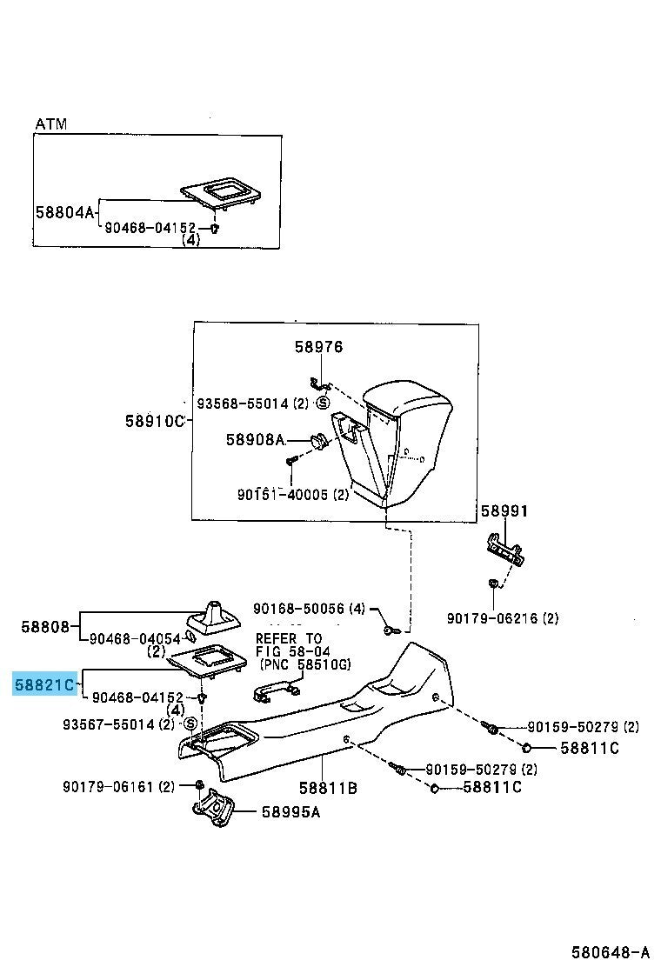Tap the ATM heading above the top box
50,124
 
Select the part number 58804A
63,211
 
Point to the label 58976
318,347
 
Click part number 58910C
155,422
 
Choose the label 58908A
255,440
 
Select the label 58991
504,511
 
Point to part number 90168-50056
299,609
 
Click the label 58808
45,625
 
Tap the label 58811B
328,788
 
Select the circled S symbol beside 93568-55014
323,403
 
